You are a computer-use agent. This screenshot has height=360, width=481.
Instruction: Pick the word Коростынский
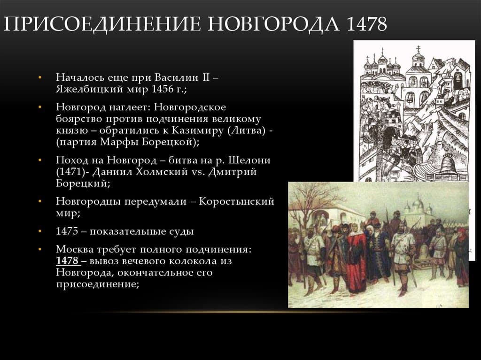click(236, 201)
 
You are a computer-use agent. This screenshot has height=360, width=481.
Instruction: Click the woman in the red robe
click(357, 258)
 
